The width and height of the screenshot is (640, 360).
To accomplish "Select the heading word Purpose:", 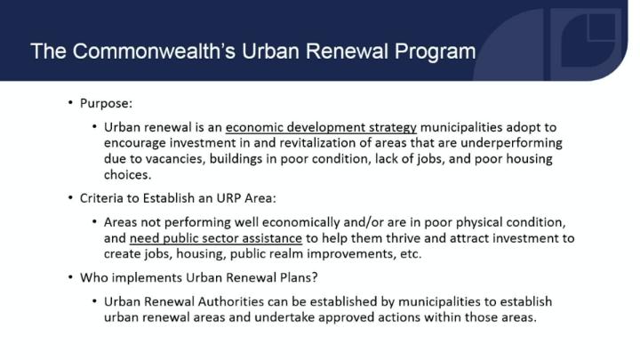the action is pos(106,104).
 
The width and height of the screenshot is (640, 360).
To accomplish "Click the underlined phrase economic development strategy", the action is pos(321,127).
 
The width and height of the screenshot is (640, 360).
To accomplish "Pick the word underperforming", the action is pos(511,143).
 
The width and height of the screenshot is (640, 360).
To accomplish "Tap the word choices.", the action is pos(127,175).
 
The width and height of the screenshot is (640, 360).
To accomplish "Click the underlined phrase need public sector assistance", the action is pos(216,238).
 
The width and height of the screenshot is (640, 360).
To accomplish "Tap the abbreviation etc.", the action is pos(411,254).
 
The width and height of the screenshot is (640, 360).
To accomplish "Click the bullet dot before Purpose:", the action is pos(70,102).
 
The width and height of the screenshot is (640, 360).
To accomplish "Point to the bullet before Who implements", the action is pos(70,277).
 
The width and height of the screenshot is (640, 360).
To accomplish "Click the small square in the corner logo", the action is pos(602,28).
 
